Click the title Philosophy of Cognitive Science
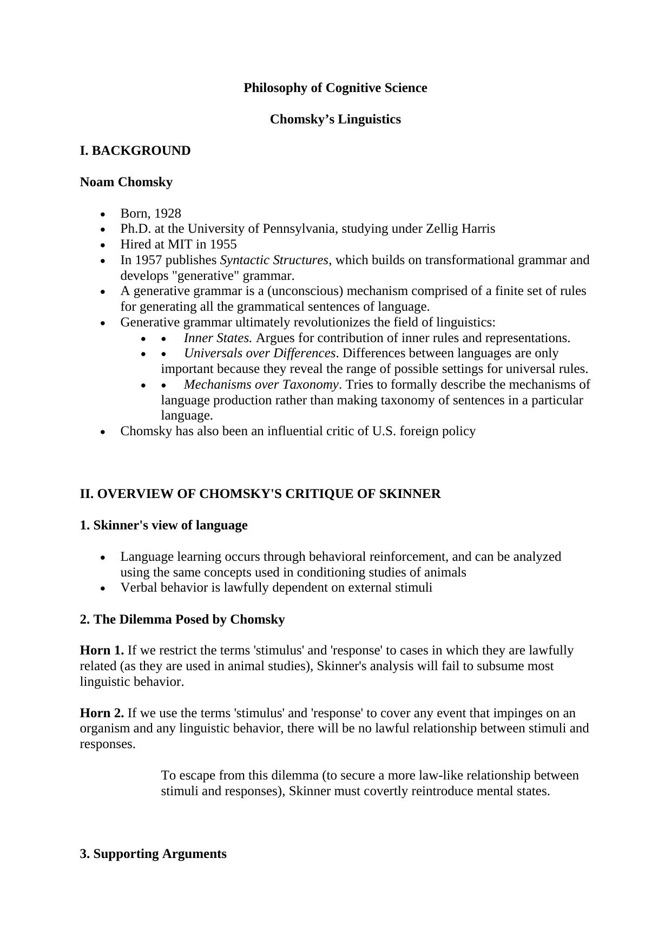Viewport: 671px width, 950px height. [x=335, y=88]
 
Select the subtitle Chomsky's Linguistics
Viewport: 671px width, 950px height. [x=335, y=119]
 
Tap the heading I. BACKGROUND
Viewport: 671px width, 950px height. [x=135, y=150]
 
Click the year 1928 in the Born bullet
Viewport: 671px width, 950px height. [x=167, y=213]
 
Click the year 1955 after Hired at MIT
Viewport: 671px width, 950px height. [x=223, y=244]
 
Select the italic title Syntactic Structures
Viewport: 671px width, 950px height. [x=274, y=260]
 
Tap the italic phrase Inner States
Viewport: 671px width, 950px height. [x=218, y=338]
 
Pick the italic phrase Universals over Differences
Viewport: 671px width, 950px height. [x=260, y=353]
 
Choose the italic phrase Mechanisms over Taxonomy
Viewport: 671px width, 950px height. [x=261, y=385]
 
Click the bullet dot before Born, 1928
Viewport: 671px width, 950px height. [x=103, y=214]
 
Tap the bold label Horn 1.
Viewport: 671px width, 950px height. [x=102, y=650]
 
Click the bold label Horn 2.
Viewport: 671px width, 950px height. [x=102, y=713]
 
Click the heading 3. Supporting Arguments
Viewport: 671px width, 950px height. [x=153, y=854]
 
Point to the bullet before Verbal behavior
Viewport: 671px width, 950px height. [x=103, y=588]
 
